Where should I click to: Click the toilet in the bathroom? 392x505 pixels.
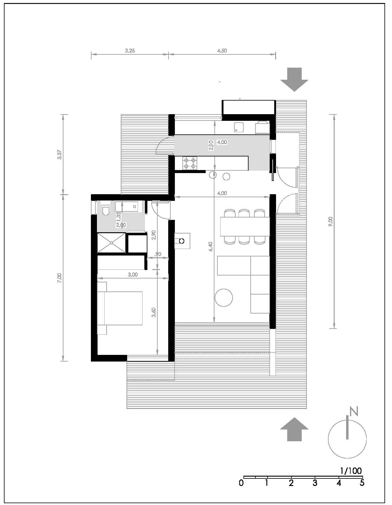(x=105, y=209)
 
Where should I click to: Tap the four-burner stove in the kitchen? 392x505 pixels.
(x=190, y=163)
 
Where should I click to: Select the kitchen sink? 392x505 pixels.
(x=239, y=127)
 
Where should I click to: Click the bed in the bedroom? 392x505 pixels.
(x=120, y=308)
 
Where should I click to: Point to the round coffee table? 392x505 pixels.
(x=224, y=298)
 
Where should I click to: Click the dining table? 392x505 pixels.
(x=245, y=227)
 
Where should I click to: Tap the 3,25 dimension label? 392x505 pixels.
(x=130, y=51)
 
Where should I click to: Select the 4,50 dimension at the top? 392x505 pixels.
(x=222, y=51)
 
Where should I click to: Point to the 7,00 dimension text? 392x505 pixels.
(x=59, y=278)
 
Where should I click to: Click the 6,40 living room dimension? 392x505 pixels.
(x=211, y=246)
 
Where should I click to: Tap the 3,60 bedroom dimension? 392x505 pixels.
(x=154, y=312)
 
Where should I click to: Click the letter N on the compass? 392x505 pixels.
(x=354, y=411)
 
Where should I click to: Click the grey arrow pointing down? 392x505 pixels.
(x=294, y=79)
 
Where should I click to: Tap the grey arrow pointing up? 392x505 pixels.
(x=294, y=429)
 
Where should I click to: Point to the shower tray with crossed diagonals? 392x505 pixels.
(x=111, y=243)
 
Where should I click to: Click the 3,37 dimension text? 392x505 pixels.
(x=59, y=155)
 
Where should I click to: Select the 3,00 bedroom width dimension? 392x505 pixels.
(x=133, y=275)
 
